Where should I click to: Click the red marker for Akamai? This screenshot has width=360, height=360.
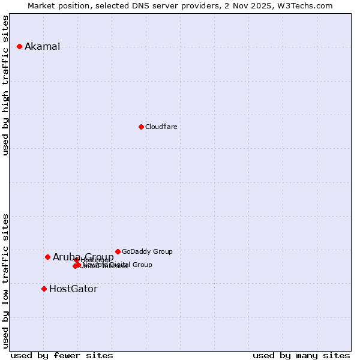(19, 46)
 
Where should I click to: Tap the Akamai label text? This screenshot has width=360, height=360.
(42, 47)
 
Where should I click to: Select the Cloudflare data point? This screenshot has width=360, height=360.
(141, 127)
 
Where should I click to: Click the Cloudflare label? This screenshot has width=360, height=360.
(161, 127)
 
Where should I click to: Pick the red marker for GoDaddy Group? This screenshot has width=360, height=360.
(118, 251)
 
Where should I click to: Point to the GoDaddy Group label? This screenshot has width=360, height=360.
(147, 251)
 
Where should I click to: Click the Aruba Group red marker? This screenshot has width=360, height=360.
(47, 257)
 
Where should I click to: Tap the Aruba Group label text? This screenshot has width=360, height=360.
(83, 257)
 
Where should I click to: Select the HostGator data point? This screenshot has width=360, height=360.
(44, 289)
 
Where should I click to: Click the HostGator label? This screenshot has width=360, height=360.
(73, 289)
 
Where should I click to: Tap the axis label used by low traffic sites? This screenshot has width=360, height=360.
(6, 280)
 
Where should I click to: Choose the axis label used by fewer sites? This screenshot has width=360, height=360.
(62, 355)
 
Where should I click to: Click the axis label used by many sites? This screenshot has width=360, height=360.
(301, 355)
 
